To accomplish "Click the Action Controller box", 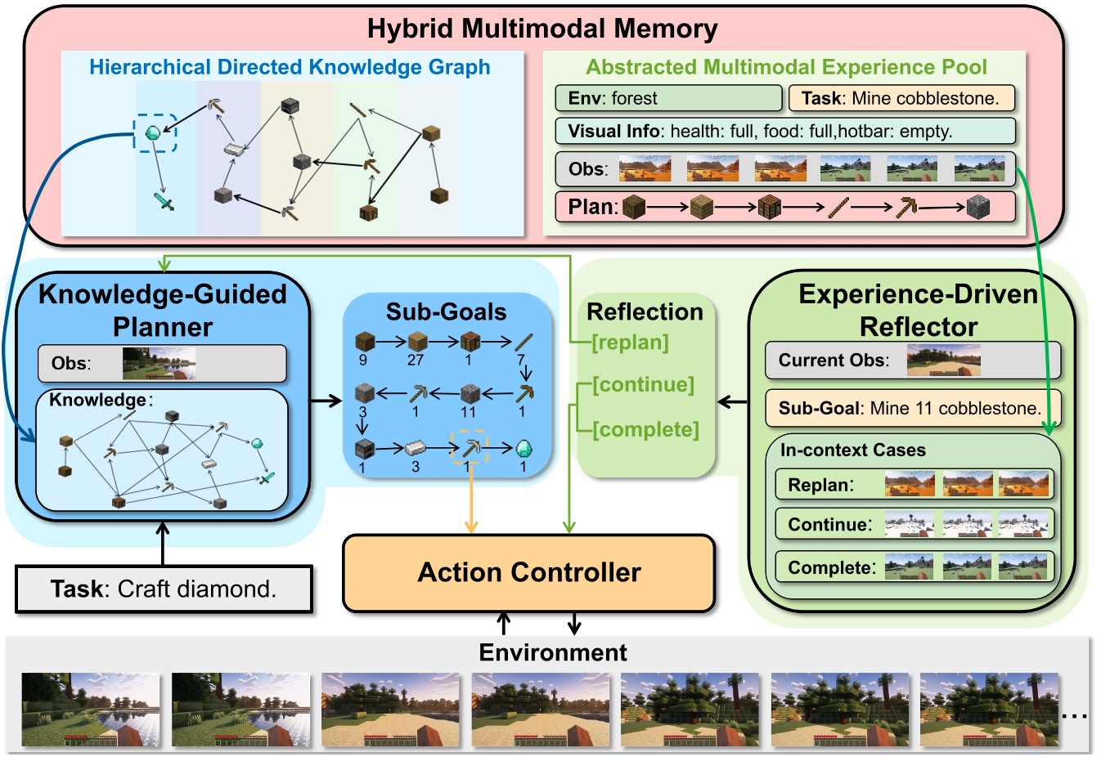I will coord(528,573).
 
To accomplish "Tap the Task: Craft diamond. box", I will coord(164,589).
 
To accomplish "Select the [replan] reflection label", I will coord(630,343).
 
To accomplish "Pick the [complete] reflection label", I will coord(645,429).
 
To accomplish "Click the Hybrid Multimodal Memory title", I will coord(542,29).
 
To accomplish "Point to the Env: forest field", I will coord(668,98).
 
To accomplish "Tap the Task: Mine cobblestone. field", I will coord(901,98).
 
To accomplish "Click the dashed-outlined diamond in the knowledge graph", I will coord(154,132).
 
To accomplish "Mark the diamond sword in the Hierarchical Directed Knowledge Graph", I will coord(164,200).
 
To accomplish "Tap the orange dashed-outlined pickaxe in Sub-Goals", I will coord(470,447).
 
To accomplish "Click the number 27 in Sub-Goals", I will coord(416,361).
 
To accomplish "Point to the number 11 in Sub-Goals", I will coord(468,412).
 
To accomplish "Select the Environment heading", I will coord(553,652).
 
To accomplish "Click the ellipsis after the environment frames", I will coord(1073,716).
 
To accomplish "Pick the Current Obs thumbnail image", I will coord(943,360).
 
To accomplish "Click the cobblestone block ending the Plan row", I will coord(977,207).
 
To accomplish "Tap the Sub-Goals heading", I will coord(446,311).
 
